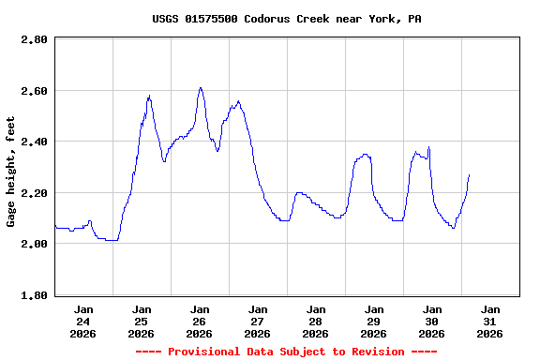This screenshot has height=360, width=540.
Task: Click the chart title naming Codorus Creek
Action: click(286, 19)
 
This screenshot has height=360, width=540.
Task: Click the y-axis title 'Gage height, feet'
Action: click(11, 172)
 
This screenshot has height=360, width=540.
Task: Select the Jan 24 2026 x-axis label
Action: click(83, 321)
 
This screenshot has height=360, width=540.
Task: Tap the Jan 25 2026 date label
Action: click(142, 321)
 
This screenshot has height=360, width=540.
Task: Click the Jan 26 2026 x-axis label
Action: click(200, 321)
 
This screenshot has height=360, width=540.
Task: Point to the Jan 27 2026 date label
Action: click(258, 321)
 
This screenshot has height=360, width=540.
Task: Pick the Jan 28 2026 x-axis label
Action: click(316, 321)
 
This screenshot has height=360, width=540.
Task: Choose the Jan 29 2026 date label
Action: click(374, 321)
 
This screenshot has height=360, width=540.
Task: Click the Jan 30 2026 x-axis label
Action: click(432, 321)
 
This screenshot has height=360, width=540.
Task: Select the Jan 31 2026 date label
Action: click(490, 321)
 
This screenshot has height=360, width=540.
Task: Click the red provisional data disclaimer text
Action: click(286, 352)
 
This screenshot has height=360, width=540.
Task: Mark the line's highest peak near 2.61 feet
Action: click(201, 88)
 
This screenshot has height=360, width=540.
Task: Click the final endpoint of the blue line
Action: click(469, 174)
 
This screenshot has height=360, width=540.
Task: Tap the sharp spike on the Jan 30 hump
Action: click(429, 147)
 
